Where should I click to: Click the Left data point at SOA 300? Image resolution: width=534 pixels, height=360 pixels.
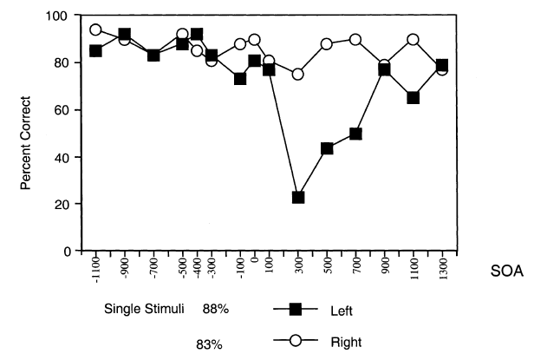[298, 197]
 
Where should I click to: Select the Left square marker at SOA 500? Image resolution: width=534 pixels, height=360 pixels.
[328, 148]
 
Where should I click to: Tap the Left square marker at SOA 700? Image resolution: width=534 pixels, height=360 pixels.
[355, 134]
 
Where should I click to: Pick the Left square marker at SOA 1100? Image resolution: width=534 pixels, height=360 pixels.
[414, 98]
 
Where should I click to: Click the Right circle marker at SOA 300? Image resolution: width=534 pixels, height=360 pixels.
[298, 75]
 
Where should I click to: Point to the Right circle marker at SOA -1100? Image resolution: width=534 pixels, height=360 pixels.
[95, 29]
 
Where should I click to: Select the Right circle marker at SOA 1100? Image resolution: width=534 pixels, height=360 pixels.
[414, 40]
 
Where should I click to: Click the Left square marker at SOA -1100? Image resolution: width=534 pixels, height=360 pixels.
[95, 50]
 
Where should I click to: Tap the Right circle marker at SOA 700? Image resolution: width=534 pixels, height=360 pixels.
[355, 40]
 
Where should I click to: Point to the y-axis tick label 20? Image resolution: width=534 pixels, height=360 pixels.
[64, 204]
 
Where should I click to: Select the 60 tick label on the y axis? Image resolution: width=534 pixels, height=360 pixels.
[64, 110]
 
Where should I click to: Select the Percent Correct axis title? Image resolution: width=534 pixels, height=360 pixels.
[28, 134]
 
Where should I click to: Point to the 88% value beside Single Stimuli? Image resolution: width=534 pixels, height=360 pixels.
[215, 309]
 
